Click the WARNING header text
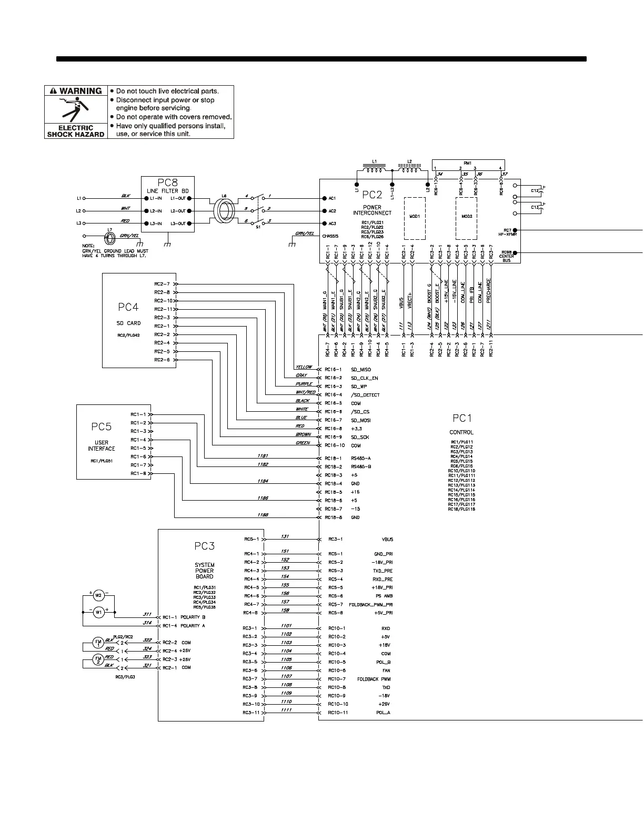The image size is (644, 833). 80,91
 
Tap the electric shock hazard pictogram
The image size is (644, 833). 76,109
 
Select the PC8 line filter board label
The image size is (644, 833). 167,183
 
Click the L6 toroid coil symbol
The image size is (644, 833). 224,210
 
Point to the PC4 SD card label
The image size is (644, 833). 128,307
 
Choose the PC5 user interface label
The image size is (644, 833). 102,427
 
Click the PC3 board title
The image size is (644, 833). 204,546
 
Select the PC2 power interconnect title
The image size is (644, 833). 372,194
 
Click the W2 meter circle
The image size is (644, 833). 97,596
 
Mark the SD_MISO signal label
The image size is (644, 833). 361,370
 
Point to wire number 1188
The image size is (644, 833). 263,515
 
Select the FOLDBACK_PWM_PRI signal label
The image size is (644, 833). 371,604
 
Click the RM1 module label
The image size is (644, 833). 468,163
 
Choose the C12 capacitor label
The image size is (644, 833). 535,190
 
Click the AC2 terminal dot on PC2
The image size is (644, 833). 324,211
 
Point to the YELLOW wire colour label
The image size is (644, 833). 304,367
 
